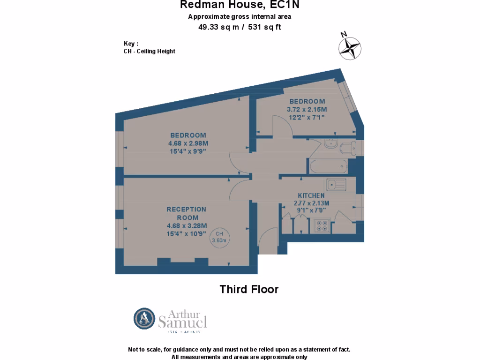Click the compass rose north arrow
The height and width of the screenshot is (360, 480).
[x=350, y=47]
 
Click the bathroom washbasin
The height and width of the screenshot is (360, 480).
[x=330, y=143]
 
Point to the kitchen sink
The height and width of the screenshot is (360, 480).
[x=336, y=185]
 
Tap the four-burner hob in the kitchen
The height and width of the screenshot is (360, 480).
[x=322, y=225]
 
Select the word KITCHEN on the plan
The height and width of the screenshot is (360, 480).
[x=311, y=195]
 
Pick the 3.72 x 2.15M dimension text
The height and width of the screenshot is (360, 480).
[x=307, y=109]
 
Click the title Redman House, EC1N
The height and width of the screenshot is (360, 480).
[x=240, y=6]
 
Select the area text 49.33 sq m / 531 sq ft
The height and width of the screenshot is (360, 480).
[x=240, y=27]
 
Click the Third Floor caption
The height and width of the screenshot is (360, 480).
[x=249, y=289]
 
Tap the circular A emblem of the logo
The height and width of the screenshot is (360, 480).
[x=144, y=319]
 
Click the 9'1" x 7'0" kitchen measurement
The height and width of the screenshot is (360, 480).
[x=311, y=210]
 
